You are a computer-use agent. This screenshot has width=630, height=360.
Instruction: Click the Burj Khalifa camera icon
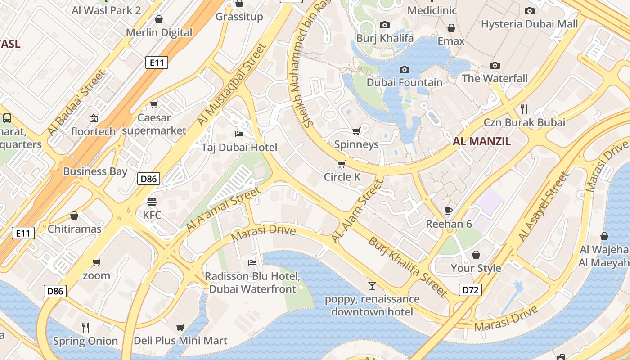click(x=385, y=25)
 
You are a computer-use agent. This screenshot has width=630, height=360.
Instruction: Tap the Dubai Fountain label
click(x=405, y=82)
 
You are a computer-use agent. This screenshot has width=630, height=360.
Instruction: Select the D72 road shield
click(x=470, y=289)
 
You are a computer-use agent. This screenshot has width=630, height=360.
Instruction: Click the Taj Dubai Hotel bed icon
click(x=239, y=134)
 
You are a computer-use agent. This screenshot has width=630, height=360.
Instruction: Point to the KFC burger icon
click(x=152, y=202)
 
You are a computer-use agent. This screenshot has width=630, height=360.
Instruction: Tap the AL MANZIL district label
click(x=481, y=141)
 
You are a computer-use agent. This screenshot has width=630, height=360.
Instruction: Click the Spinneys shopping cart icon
click(x=356, y=131)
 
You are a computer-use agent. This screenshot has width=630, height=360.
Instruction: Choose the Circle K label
click(x=342, y=177)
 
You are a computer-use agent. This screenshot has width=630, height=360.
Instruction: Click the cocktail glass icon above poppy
click(x=372, y=285)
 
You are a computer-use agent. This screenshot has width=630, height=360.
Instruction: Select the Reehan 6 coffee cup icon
click(x=449, y=210)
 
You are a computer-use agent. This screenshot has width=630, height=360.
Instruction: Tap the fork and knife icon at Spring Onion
click(x=85, y=327)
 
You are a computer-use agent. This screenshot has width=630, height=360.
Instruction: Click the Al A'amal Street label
click(x=223, y=210)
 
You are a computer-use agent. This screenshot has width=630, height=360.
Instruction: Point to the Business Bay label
click(x=95, y=171)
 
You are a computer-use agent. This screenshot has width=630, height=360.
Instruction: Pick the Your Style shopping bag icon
click(x=476, y=255)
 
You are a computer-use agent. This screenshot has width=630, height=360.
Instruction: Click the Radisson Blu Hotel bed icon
click(x=252, y=262)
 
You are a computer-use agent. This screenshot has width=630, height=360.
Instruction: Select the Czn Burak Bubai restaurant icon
click(x=524, y=109)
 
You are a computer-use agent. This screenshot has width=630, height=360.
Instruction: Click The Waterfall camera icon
click(x=495, y=66)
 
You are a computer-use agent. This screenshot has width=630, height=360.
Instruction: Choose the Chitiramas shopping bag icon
click(x=74, y=216)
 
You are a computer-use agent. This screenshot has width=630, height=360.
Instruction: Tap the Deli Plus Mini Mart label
click(x=180, y=341)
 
